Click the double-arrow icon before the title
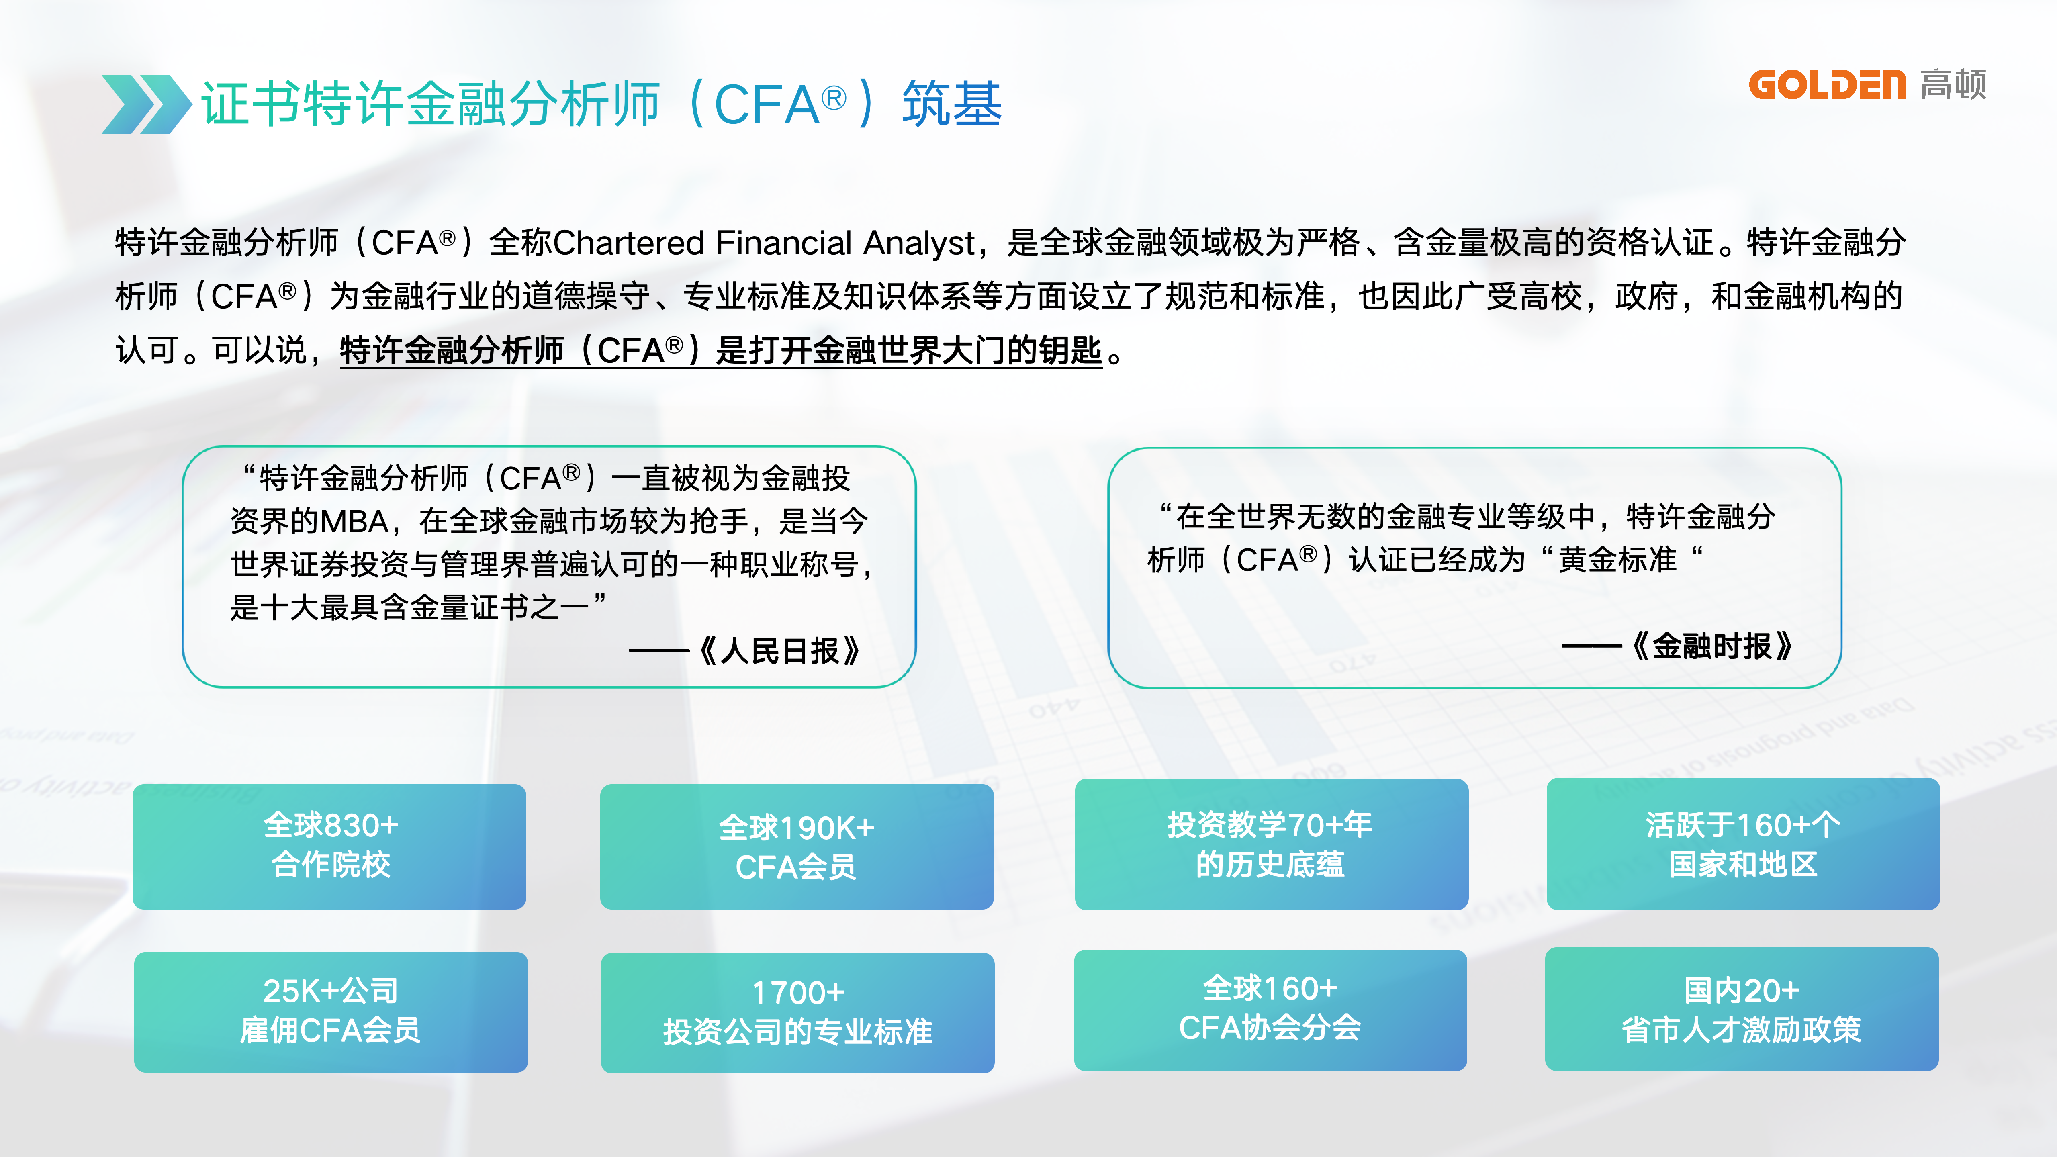(x=145, y=104)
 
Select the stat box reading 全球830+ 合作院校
(x=329, y=846)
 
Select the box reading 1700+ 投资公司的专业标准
(x=797, y=1012)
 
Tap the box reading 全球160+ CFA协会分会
(x=1270, y=1009)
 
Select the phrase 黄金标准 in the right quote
(x=1617, y=560)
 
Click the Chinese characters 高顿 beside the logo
(x=1953, y=85)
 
